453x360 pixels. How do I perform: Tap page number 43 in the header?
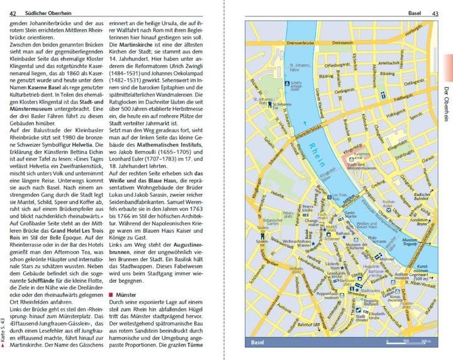coord(435,13)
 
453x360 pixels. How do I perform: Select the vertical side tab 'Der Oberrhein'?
coord(444,101)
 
